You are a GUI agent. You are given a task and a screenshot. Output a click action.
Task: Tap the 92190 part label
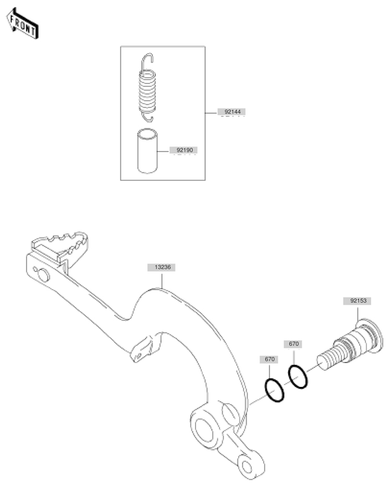[184, 149]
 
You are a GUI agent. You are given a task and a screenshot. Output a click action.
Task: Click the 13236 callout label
[162, 267]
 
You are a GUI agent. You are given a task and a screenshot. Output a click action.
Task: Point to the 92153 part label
[357, 301]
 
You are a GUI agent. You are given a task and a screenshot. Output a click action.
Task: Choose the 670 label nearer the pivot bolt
[294, 344]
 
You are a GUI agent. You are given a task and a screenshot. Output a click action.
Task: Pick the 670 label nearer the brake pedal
[269, 359]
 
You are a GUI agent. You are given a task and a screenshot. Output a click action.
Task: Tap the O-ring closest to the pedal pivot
[274, 390]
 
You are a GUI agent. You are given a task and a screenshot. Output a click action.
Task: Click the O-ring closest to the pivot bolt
[298, 377]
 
